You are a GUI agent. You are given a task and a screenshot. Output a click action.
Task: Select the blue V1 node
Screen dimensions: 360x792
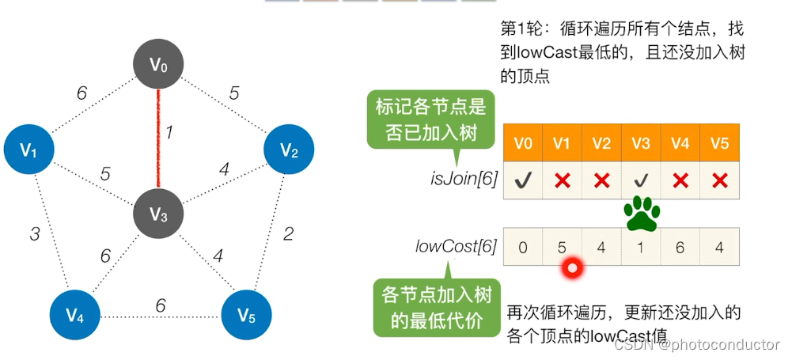[x=29, y=149]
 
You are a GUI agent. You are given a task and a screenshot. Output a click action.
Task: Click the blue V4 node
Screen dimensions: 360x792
[x=75, y=316]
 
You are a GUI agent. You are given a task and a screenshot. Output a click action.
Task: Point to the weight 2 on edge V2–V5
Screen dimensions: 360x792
[x=288, y=233]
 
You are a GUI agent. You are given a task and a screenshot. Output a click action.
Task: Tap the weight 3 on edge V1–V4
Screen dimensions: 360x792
[x=35, y=234]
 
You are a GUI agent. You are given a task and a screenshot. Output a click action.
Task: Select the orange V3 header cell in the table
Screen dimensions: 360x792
[x=641, y=144]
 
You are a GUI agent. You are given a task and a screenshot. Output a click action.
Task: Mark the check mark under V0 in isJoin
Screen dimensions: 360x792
[x=522, y=181]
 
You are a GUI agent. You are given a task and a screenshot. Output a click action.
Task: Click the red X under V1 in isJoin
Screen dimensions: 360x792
[x=563, y=181]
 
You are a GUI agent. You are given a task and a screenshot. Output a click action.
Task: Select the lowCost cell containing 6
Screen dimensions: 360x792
[x=680, y=247]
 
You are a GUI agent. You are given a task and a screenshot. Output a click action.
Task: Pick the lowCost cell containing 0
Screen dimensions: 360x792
[x=523, y=247]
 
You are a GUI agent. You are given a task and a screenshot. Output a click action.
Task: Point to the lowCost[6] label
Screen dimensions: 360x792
[x=456, y=246]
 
